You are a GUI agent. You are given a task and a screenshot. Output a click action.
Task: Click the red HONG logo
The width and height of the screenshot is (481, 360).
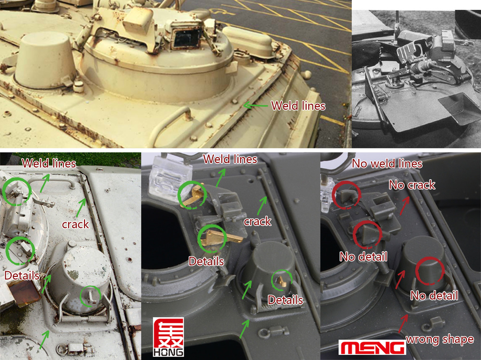(169, 337)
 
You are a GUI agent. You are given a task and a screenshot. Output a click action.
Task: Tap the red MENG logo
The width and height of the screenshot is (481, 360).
(372, 347)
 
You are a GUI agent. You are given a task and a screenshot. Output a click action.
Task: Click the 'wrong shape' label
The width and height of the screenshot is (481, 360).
(440, 339)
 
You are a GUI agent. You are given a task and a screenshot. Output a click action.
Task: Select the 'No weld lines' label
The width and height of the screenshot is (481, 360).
(387, 164)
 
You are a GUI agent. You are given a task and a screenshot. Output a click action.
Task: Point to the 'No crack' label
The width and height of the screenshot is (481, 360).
(412, 185)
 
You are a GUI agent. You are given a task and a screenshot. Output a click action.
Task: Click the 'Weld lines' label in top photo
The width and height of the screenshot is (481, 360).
(298, 106)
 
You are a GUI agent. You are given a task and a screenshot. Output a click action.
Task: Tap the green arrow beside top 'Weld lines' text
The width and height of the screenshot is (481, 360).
(256, 106)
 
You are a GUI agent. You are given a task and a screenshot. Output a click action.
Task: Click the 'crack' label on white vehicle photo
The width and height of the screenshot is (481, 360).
(76, 224)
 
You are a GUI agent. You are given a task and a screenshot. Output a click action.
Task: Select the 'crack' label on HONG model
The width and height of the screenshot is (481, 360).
(258, 221)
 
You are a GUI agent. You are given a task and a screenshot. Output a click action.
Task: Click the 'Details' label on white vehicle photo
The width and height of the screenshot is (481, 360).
(22, 275)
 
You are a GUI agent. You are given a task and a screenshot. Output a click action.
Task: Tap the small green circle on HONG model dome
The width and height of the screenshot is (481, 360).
(282, 280)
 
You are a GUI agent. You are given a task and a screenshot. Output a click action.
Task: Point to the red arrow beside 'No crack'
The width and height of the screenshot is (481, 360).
(404, 205)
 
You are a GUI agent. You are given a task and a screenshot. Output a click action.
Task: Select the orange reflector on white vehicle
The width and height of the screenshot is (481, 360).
(24, 293)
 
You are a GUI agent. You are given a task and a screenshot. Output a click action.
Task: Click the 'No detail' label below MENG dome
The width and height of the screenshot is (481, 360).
(434, 296)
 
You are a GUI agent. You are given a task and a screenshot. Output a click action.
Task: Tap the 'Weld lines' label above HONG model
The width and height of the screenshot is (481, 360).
(230, 159)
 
